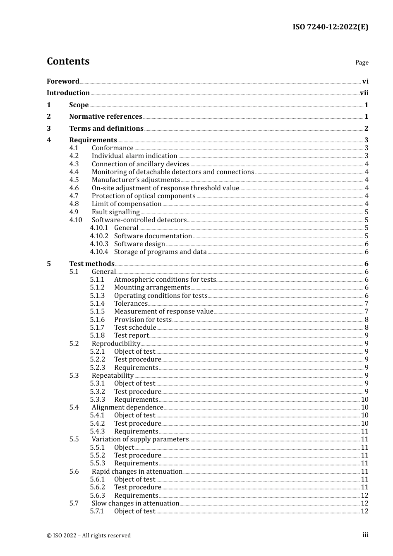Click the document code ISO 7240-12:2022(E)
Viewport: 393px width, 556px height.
click(x=330, y=27)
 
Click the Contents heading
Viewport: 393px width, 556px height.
click(x=68, y=61)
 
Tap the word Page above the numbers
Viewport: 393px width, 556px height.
click(x=362, y=62)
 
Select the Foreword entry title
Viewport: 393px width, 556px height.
click(x=63, y=81)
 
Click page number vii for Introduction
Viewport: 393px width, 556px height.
click(x=364, y=93)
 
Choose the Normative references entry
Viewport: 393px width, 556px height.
click(x=105, y=117)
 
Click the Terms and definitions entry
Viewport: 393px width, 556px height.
click(x=106, y=129)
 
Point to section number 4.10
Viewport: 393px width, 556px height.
click(x=76, y=220)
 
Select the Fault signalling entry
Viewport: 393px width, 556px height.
click(x=116, y=212)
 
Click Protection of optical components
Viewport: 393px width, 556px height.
click(x=144, y=196)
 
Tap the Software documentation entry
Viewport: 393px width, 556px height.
click(x=153, y=236)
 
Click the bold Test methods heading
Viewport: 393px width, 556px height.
click(x=92, y=264)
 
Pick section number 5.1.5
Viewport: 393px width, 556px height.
click(x=98, y=312)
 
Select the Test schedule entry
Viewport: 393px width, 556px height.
click(x=135, y=328)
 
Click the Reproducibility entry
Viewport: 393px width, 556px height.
click(x=116, y=344)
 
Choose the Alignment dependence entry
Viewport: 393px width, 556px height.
click(x=127, y=407)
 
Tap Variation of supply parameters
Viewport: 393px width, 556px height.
click(x=140, y=439)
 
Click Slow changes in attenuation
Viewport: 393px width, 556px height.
click(x=135, y=503)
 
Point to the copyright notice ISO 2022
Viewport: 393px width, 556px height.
click(x=89, y=535)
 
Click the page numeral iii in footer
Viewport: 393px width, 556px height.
click(x=365, y=535)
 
